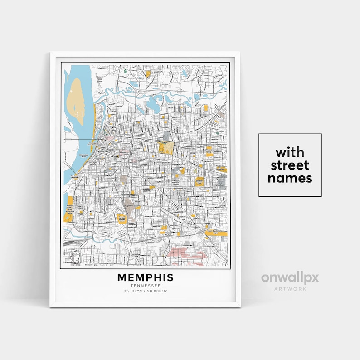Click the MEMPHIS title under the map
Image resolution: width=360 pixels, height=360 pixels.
[145, 277]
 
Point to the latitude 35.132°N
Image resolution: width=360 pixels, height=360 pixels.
[132, 291]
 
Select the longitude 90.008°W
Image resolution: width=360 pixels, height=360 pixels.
[158, 291]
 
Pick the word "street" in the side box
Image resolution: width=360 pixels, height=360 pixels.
[290, 165]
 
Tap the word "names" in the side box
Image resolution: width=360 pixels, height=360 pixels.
[290, 178]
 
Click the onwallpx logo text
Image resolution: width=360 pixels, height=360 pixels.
[290, 277]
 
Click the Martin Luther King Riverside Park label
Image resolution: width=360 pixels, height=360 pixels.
[69, 208]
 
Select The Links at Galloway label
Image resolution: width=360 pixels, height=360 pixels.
[221, 169]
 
